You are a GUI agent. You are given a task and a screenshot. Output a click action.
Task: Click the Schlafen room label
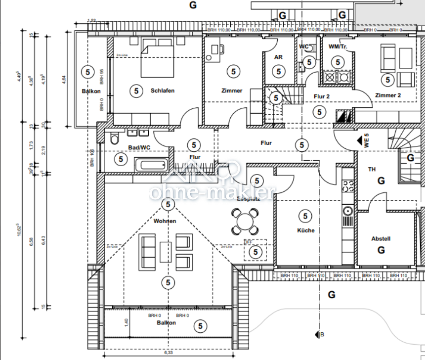(163, 90)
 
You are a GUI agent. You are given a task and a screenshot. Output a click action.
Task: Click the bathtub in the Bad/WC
(152, 165)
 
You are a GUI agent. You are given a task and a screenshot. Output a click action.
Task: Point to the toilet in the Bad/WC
(115, 138)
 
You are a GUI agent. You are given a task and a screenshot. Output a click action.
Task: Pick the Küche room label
(306, 230)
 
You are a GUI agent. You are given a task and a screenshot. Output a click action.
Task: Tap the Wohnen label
(165, 221)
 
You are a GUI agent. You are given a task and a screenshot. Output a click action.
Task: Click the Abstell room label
(381, 239)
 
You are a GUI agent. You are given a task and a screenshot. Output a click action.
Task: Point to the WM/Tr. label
(338, 47)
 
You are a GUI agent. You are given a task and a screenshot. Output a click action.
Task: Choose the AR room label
(278, 57)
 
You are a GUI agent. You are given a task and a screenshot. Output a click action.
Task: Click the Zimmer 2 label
(388, 95)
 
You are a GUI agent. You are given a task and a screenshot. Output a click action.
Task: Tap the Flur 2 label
(322, 96)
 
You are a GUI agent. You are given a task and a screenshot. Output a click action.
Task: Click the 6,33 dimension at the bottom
(168, 353)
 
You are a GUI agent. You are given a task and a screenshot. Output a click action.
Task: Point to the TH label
(372, 169)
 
